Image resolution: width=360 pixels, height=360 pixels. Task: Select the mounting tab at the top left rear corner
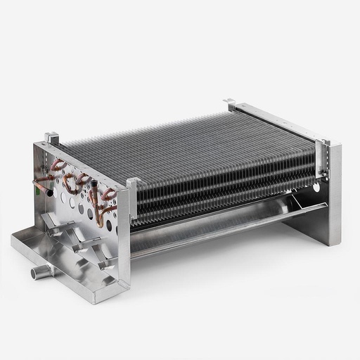pos(51,138)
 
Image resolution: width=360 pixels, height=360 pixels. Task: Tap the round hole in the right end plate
pos(316,188)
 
